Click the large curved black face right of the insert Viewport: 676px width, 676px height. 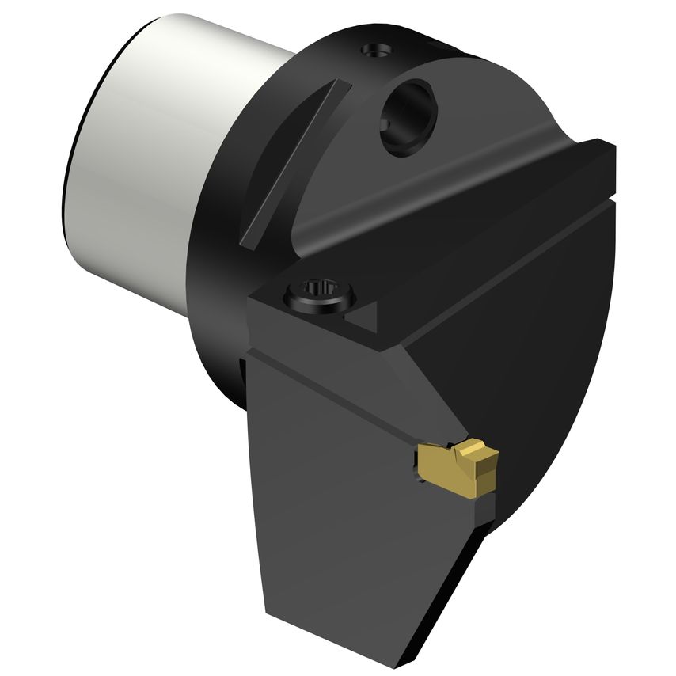point(554,356)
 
